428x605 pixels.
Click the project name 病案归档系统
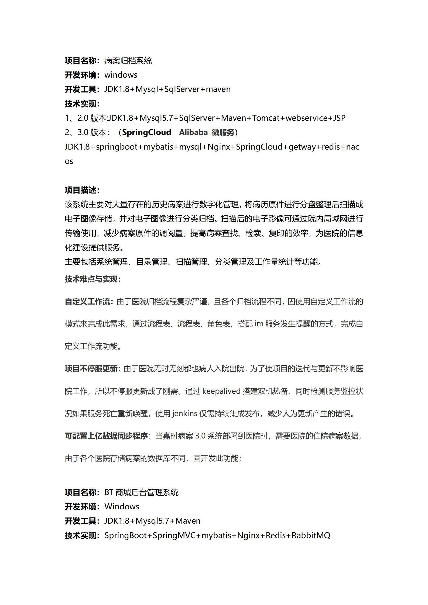[x=128, y=61]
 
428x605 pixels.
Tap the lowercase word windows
[x=121, y=75]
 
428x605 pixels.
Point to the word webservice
[x=306, y=118]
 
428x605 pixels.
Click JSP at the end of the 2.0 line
[x=339, y=118]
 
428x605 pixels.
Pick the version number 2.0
[x=83, y=118]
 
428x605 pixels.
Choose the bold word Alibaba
[x=193, y=132]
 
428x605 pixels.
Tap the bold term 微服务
[x=223, y=132]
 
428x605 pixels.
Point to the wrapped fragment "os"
[x=69, y=161]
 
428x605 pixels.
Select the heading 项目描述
[x=80, y=190]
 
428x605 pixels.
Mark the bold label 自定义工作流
[x=87, y=302]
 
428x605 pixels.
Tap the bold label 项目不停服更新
[x=91, y=369]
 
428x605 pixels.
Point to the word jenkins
[x=184, y=413]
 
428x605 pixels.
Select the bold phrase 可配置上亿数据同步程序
[x=106, y=436]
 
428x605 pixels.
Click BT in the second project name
[x=109, y=493]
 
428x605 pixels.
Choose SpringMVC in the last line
[x=174, y=535]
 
